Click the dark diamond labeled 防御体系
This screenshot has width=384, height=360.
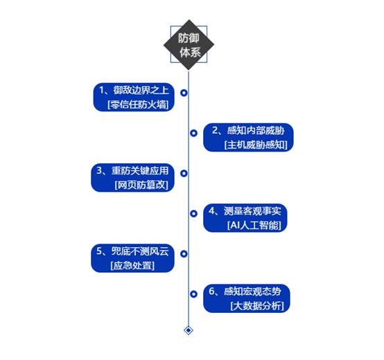click(189, 45)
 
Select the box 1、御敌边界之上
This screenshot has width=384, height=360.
click(134, 97)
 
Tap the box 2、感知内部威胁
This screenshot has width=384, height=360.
click(248, 138)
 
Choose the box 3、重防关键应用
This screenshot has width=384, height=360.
click(132, 177)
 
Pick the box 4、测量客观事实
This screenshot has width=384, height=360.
click(245, 218)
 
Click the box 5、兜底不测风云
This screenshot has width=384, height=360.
click(132, 258)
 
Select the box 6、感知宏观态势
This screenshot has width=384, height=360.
click(247, 298)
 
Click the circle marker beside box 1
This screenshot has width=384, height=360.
click(184, 93)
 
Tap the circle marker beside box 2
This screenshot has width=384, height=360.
click(193, 133)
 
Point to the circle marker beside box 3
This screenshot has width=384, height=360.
click(184, 173)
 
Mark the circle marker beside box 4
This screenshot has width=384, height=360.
click(193, 213)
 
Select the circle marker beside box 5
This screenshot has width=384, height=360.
click(184, 254)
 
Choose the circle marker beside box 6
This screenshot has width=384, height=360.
click(193, 294)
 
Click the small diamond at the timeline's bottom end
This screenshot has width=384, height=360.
click(189, 330)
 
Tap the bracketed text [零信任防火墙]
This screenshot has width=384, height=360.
click(138, 105)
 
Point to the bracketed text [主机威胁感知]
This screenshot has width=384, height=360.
click(256, 145)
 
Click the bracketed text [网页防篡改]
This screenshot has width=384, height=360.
click(141, 185)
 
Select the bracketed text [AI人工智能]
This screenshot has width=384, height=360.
click(254, 225)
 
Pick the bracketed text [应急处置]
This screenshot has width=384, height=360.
click(132, 265)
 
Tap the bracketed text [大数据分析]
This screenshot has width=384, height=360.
click(257, 306)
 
